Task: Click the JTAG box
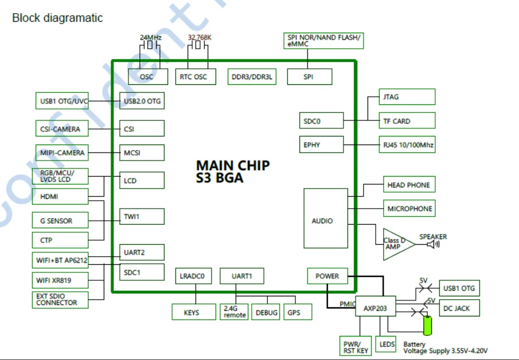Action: pyautogui.click(x=407, y=97)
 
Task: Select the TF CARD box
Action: pyautogui.click(x=407, y=120)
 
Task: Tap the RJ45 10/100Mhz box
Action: pyautogui.click(x=407, y=144)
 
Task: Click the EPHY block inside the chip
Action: pyautogui.click(x=321, y=144)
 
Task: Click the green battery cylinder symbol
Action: pyautogui.click(x=427, y=325)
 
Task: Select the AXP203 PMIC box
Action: pyautogui.click(x=376, y=308)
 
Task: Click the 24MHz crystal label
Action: pyautogui.click(x=151, y=38)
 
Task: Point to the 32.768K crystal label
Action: pyautogui.click(x=200, y=38)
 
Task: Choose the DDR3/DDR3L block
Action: pyautogui.click(x=252, y=77)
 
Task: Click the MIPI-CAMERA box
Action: pyautogui.click(x=62, y=153)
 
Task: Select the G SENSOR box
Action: pyautogui.click(x=60, y=221)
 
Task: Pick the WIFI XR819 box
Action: pyautogui.click(x=60, y=280)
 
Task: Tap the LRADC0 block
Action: pyautogui.click(x=193, y=276)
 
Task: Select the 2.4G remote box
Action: pyautogui.click(x=235, y=312)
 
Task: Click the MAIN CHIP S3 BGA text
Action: pyautogui.click(x=232, y=171)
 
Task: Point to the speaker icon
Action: pyautogui.click(x=434, y=244)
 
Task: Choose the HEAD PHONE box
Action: pyautogui.click(x=408, y=185)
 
